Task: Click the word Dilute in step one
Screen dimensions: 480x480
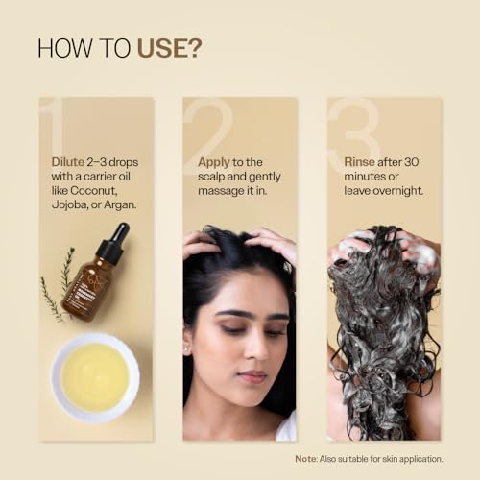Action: [69, 162]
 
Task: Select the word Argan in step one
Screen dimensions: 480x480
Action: [121, 204]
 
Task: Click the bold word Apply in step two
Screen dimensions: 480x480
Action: [214, 162]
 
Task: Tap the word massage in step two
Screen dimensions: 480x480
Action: [220, 190]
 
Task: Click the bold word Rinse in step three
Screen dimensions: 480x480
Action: [359, 162]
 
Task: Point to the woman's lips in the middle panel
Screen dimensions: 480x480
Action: [250, 375]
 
